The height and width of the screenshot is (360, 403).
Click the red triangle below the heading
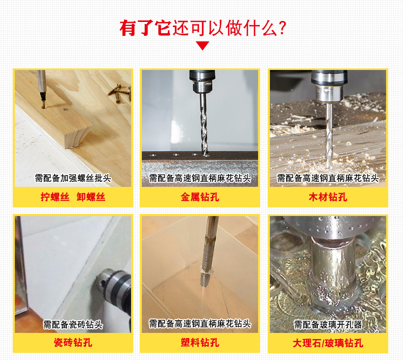click(203, 45)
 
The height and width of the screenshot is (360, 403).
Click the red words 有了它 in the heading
click(145, 28)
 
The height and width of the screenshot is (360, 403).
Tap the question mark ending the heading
click(282, 28)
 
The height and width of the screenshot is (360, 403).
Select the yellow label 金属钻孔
click(200, 197)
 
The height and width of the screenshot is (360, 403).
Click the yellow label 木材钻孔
click(328, 197)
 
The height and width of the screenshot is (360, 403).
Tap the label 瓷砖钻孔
click(73, 343)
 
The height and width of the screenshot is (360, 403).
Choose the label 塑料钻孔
click(200, 343)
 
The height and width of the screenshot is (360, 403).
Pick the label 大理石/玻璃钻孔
click(328, 343)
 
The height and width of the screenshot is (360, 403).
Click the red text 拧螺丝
click(55, 197)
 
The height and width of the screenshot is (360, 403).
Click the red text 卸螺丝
click(91, 197)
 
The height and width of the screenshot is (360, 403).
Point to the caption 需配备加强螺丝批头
click(73, 178)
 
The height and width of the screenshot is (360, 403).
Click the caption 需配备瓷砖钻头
click(73, 324)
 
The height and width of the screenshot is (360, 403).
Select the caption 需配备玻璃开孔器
click(328, 324)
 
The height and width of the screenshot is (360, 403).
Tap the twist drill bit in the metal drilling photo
click(204, 125)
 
